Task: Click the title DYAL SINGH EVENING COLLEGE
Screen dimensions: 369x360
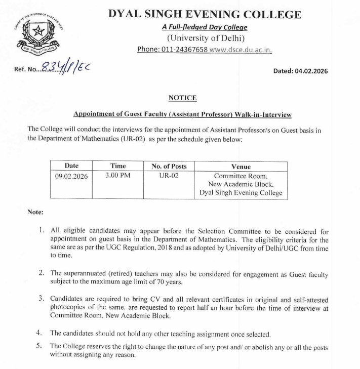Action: pyautogui.click(x=205, y=15)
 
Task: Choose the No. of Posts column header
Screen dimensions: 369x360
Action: pyautogui.click(x=169, y=166)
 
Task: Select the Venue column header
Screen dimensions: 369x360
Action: pyautogui.click(x=241, y=167)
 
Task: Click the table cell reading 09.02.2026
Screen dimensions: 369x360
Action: pyautogui.click(x=71, y=175)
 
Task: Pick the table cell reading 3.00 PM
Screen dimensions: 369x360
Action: pyautogui.click(x=117, y=175)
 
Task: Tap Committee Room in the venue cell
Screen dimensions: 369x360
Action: pyautogui.click(x=241, y=176)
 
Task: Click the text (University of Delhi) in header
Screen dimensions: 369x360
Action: pyautogui.click(x=205, y=38)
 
